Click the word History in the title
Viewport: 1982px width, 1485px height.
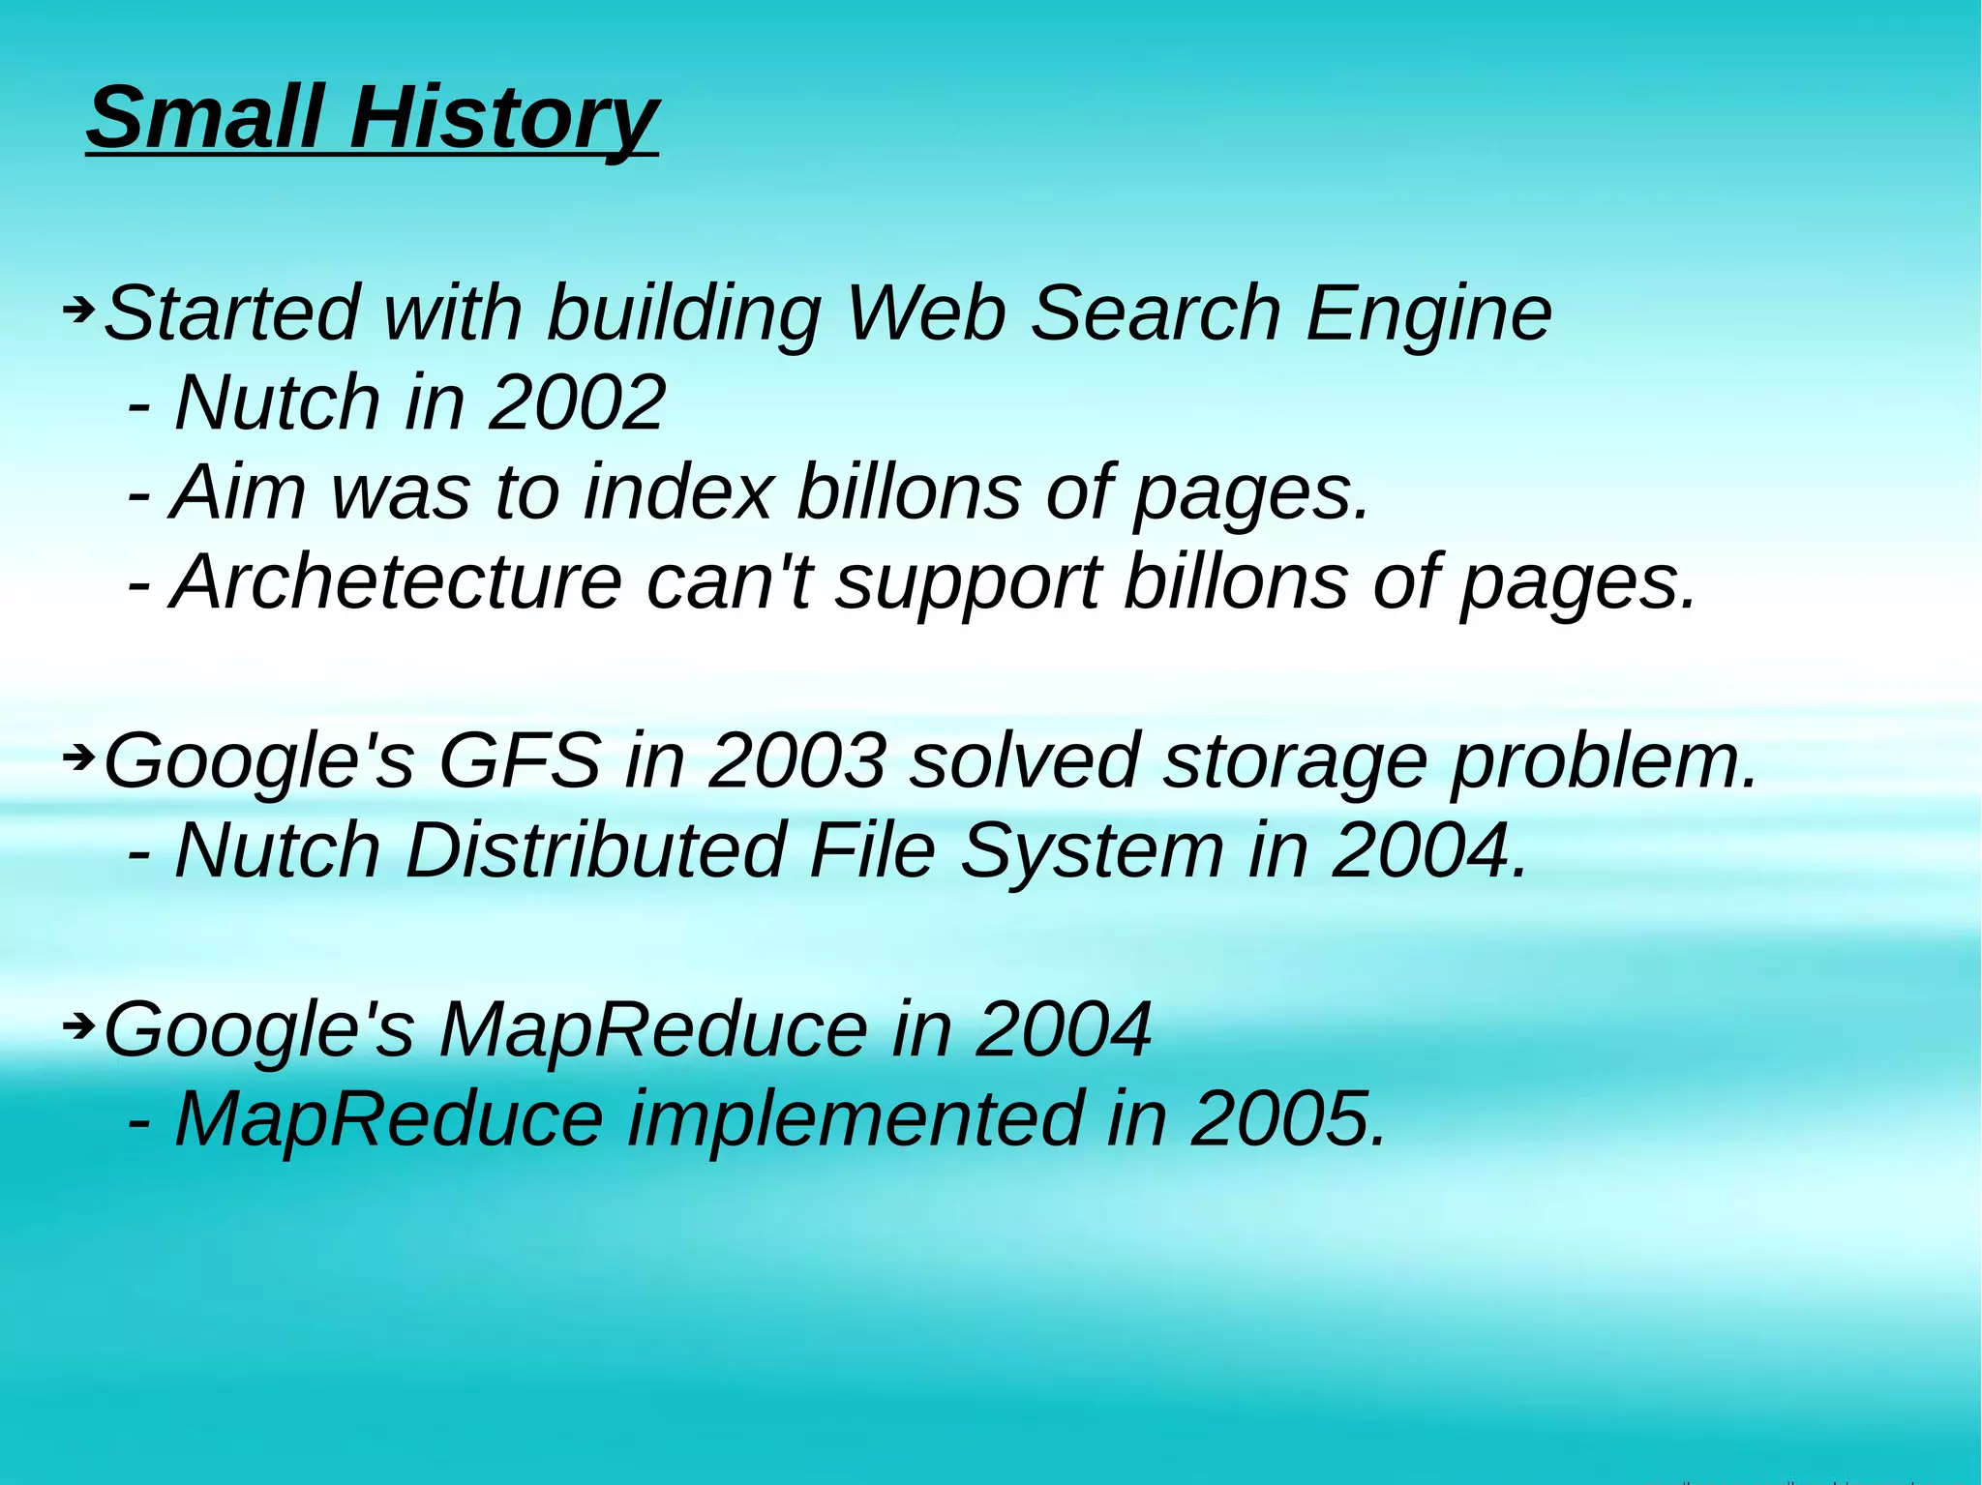pyautogui.click(x=503, y=118)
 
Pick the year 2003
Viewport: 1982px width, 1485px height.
pyautogui.click(x=796, y=760)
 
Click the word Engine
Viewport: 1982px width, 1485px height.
pyautogui.click(x=1428, y=315)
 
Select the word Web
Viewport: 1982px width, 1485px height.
pyautogui.click(x=925, y=313)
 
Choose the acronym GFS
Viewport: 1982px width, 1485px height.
pyautogui.click(x=519, y=760)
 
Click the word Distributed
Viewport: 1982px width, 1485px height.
pyautogui.click(x=594, y=850)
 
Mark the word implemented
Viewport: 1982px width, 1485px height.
pyautogui.click(x=856, y=1119)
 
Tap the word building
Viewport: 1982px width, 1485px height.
pyautogui.click(x=683, y=315)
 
